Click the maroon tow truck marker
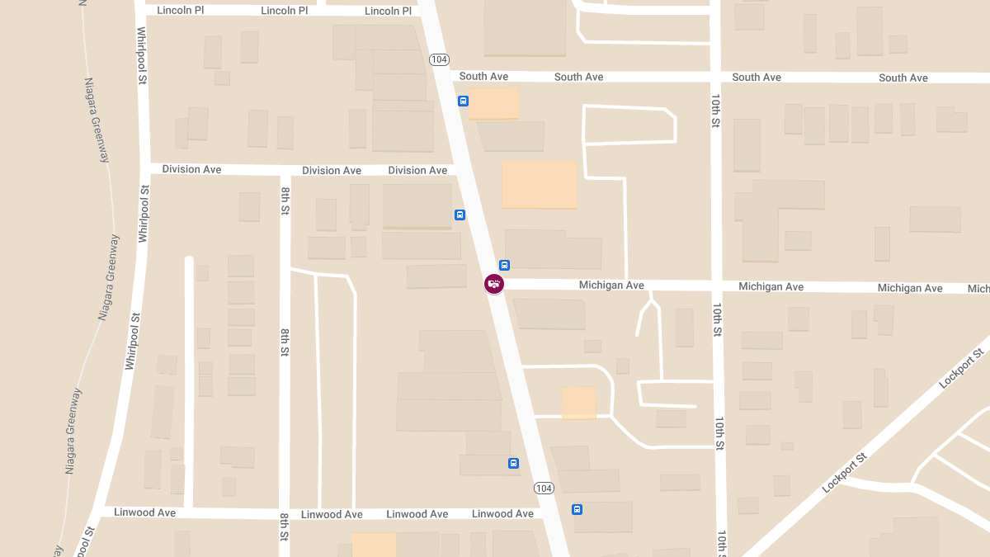tap(494, 284)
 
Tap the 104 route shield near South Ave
tap(439, 59)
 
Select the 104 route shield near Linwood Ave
tap(543, 488)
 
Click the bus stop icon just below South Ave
tap(464, 101)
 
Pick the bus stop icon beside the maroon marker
tap(505, 266)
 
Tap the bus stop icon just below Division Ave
tap(460, 215)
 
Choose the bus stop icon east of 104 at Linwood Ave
tap(577, 509)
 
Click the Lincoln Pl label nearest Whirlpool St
tap(181, 11)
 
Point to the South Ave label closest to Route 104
tap(483, 77)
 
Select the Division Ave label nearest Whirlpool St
tap(191, 169)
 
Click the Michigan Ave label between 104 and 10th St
tap(611, 286)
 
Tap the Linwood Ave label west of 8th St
tap(145, 512)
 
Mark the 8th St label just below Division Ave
tap(285, 201)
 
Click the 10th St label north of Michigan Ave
tap(715, 110)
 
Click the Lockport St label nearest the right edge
tap(962, 369)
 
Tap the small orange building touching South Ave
tap(493, 103)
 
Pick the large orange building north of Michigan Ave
tap(540, 185)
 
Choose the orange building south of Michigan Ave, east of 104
tap(579, 403)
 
